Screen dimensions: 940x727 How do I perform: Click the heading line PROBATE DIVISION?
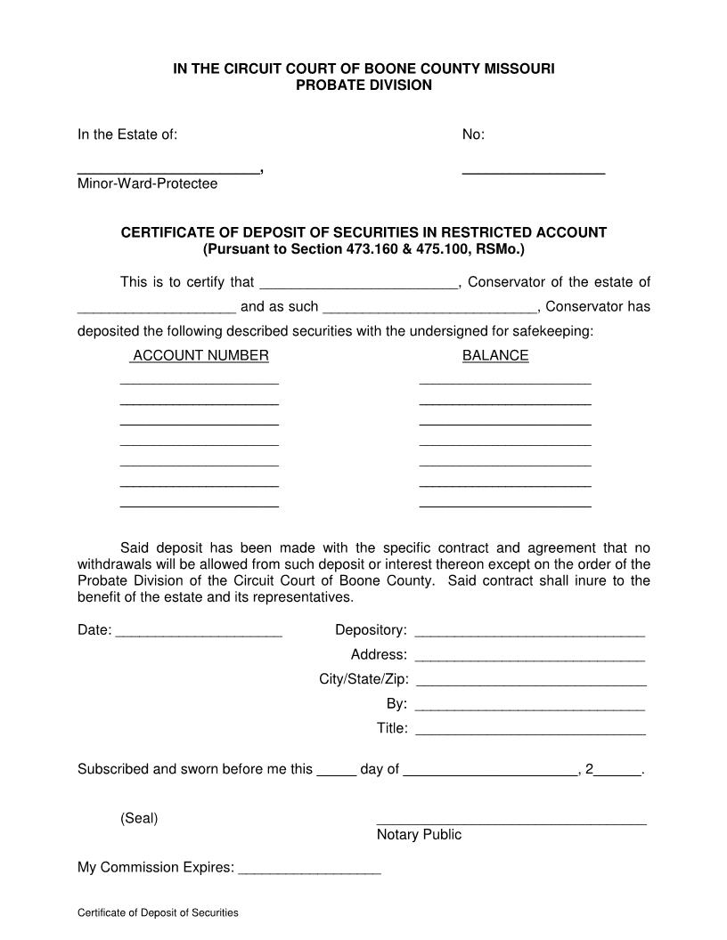tap(363, 85)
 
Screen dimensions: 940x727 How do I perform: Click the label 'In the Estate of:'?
tap(127, 134)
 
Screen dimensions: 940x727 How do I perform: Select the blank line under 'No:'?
tap(534, 170)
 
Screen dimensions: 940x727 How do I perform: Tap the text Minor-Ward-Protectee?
tap(147, 183)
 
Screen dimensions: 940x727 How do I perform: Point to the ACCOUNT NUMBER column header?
tap(200, 355)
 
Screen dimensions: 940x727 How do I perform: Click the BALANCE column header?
tap(495, 355)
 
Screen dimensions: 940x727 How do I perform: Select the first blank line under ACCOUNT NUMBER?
tap(200, 382)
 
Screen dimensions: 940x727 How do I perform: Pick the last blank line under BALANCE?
tap(505, 505)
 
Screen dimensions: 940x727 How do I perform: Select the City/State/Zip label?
tap(363, 679)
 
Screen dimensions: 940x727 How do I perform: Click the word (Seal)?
tap(139, 818)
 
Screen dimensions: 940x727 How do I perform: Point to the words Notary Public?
tap(419, 835)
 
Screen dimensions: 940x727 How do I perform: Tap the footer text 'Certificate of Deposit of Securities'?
tap(158, 913)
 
